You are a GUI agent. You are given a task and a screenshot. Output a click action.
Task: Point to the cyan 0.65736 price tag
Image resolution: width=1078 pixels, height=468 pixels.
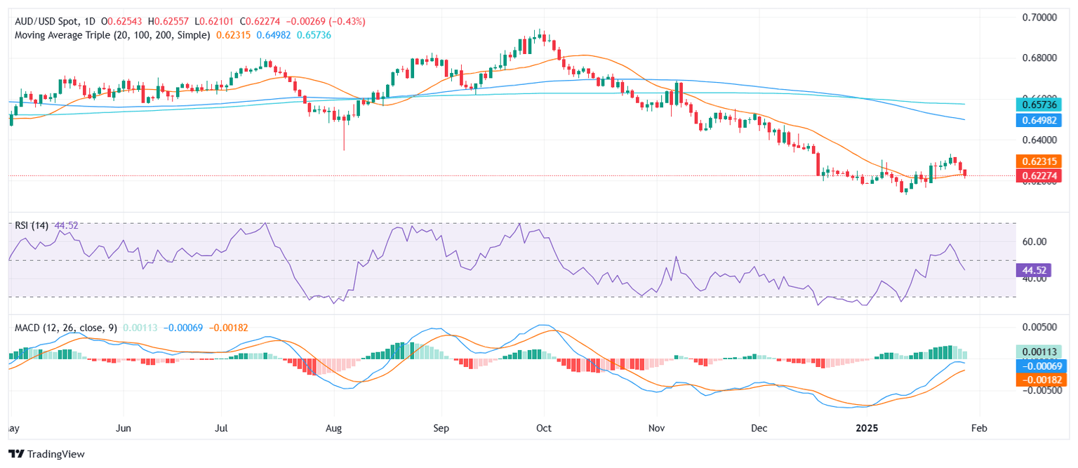1041,105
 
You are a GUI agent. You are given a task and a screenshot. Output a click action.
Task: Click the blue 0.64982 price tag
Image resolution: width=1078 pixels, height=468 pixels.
1041,120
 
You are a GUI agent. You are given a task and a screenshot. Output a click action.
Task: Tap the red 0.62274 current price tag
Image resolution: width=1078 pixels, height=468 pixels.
1041,175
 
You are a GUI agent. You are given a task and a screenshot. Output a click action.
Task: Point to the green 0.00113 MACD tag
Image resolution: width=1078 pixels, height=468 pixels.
1041,352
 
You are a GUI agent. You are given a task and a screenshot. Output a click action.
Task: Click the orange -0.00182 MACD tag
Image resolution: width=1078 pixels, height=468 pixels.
1041,380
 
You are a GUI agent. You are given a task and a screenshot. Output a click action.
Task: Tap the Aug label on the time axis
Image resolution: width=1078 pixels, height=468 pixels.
334,427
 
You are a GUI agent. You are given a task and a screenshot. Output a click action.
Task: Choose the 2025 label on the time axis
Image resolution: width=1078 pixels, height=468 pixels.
867,427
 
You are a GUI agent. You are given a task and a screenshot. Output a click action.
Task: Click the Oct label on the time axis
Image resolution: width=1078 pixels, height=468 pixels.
544,427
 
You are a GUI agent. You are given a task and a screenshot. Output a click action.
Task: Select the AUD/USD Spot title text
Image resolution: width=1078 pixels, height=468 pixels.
50,22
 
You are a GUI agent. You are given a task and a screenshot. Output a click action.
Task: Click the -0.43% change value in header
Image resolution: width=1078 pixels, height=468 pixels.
350,22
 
